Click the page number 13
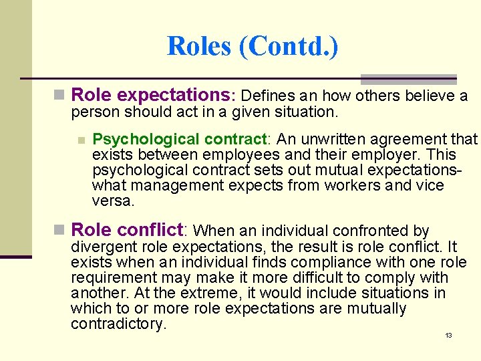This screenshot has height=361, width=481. pyautogui.click(x=448, y=335)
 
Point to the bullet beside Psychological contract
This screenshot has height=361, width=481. pyautogui.click(x=81, y=140)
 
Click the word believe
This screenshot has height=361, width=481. pyautogui.click(x=429, y=96)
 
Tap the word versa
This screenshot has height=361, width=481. pyautogui.click(x=113, y=201)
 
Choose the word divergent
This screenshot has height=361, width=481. pyautogui.click(x=102, y=247)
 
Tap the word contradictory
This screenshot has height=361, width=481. pyautogui.click(x=118, y=324)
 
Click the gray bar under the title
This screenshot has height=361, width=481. pyautogui.click(x=408, y=79)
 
